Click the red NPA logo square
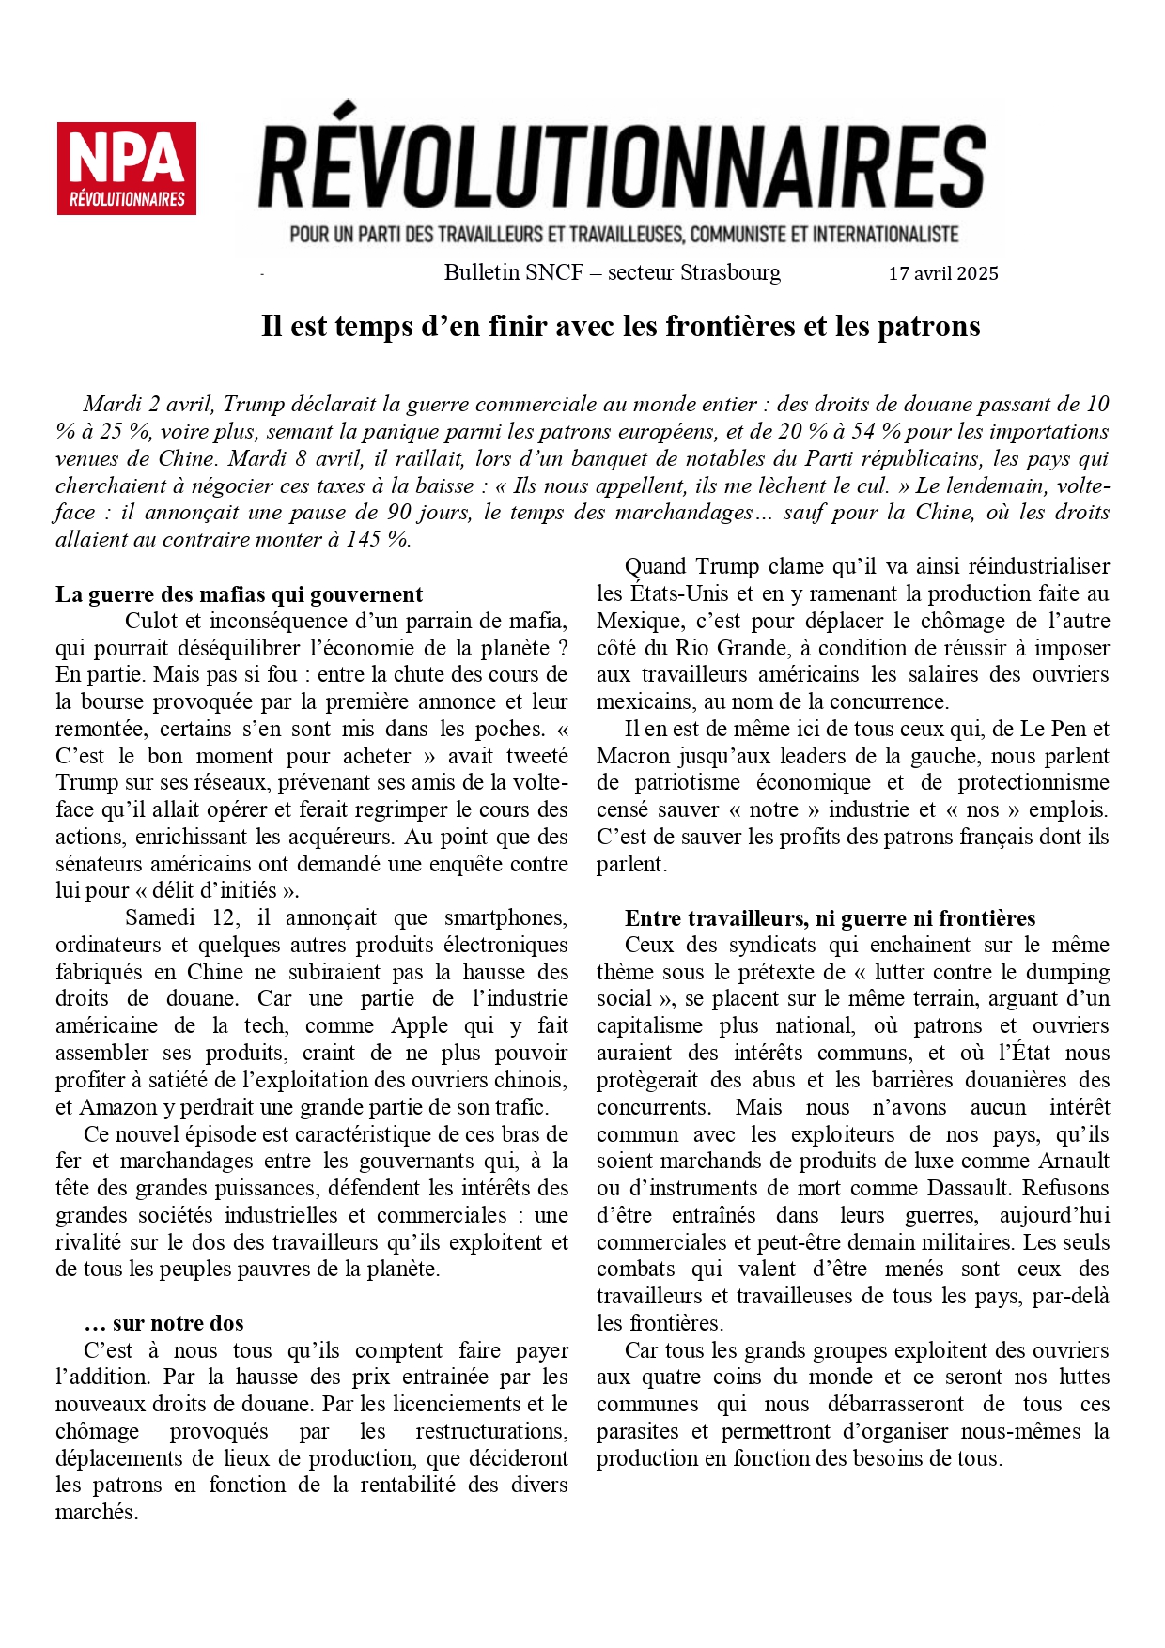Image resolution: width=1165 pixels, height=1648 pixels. coord(126,168)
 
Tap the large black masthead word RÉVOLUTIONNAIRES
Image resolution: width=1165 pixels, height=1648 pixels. coord(621,169)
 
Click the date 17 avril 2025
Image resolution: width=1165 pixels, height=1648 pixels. coord(942,273)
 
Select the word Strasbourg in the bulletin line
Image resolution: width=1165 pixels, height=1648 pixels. coord(730,272)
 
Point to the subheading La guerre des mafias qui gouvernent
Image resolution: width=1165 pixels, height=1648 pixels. coord(239,594)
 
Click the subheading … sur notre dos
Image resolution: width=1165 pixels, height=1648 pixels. coord(163,1323)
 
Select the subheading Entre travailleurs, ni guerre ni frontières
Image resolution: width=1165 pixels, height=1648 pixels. coord(830,918)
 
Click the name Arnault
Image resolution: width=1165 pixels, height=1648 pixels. coord(1073,1161)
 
